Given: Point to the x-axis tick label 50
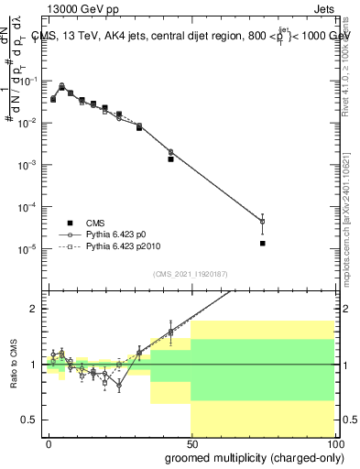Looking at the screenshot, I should [x=191, y=442].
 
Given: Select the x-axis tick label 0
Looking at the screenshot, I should [x=49, y=442].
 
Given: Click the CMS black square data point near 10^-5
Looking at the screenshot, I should [x=262, y=244].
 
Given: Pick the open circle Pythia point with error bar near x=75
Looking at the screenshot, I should [x=262, y=222].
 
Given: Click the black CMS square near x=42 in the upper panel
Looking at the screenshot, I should [x=170, y=159].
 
